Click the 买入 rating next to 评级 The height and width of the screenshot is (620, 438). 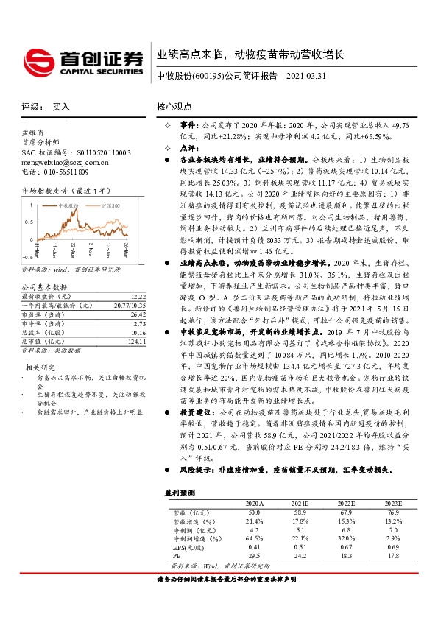(62, 107)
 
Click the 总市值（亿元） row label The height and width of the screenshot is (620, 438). (43, 341)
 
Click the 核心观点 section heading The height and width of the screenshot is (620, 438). (174, 107)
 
